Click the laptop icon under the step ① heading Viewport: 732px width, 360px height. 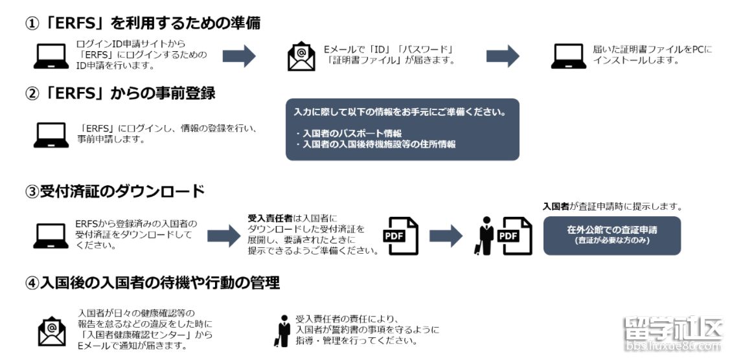click(51, 56)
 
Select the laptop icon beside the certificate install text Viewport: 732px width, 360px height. click(569, 56)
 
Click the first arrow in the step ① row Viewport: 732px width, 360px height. click(239, 56)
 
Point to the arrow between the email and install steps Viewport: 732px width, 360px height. click(503, 56)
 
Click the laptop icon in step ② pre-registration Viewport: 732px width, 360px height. click(51, 135)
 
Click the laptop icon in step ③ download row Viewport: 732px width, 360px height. click(51, 236)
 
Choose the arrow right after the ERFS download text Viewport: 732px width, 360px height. click(224, 236)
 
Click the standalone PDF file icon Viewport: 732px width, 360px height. click(400, 236)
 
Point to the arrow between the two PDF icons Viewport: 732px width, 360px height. click(446, 236)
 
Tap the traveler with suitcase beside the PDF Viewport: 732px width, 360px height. click(485, 236)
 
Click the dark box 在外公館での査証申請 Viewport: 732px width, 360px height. click(612, 234)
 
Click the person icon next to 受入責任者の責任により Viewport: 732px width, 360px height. click(283, 330)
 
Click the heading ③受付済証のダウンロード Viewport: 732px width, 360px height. click(115, 191)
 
